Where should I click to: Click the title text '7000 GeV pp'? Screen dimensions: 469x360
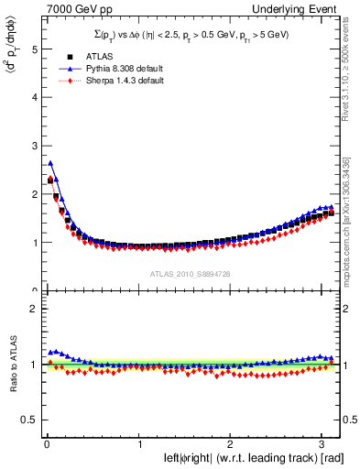pyautogui.click(x=65, y=9)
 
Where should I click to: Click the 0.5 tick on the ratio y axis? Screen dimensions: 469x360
pyautogui.click(x=28, y=420)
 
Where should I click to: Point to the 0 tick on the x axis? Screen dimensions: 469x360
pyautogui.click(x=46, y=443)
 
